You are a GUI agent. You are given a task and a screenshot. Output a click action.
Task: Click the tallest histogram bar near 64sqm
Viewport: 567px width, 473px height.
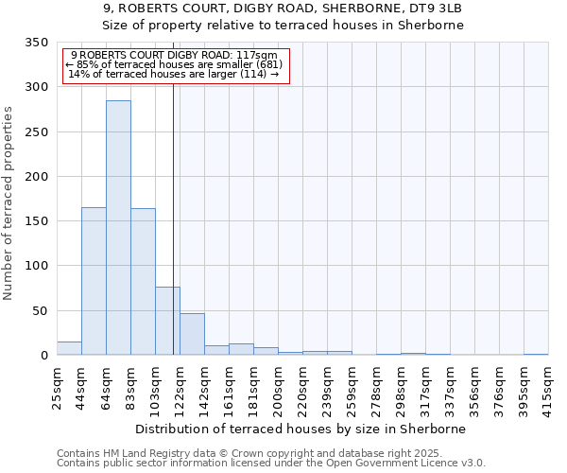point(118,227)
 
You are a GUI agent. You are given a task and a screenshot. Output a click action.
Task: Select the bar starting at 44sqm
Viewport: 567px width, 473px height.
point(94,281)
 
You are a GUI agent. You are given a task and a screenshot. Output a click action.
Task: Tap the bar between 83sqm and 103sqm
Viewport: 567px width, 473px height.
point(143,282)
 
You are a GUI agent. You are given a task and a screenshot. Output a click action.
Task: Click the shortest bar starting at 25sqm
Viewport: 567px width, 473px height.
point(69,348)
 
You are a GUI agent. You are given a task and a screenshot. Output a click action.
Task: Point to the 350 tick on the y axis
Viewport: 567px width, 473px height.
point(36,43)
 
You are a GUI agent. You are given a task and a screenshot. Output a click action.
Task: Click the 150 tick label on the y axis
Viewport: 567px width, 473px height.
point(36,221)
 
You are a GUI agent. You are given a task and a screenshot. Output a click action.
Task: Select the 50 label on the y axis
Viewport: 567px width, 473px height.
point(40,310)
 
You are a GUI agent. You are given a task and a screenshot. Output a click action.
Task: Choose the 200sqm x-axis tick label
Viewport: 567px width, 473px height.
point(279,387)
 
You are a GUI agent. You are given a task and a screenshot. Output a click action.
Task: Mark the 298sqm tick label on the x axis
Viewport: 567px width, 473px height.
point(402,387)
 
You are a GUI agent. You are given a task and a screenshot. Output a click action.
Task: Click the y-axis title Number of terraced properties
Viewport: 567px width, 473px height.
point(9,202)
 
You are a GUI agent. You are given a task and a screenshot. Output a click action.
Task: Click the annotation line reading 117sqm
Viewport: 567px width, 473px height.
point(174,56)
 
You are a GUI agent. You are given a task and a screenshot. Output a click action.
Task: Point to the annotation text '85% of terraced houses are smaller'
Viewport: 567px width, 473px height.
point(174,64)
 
